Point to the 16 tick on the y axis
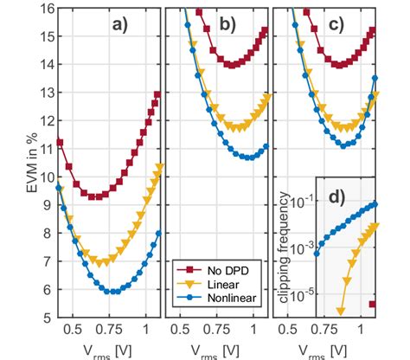43,8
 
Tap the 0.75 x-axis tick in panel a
109,329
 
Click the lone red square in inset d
373,304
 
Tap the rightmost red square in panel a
157,94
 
